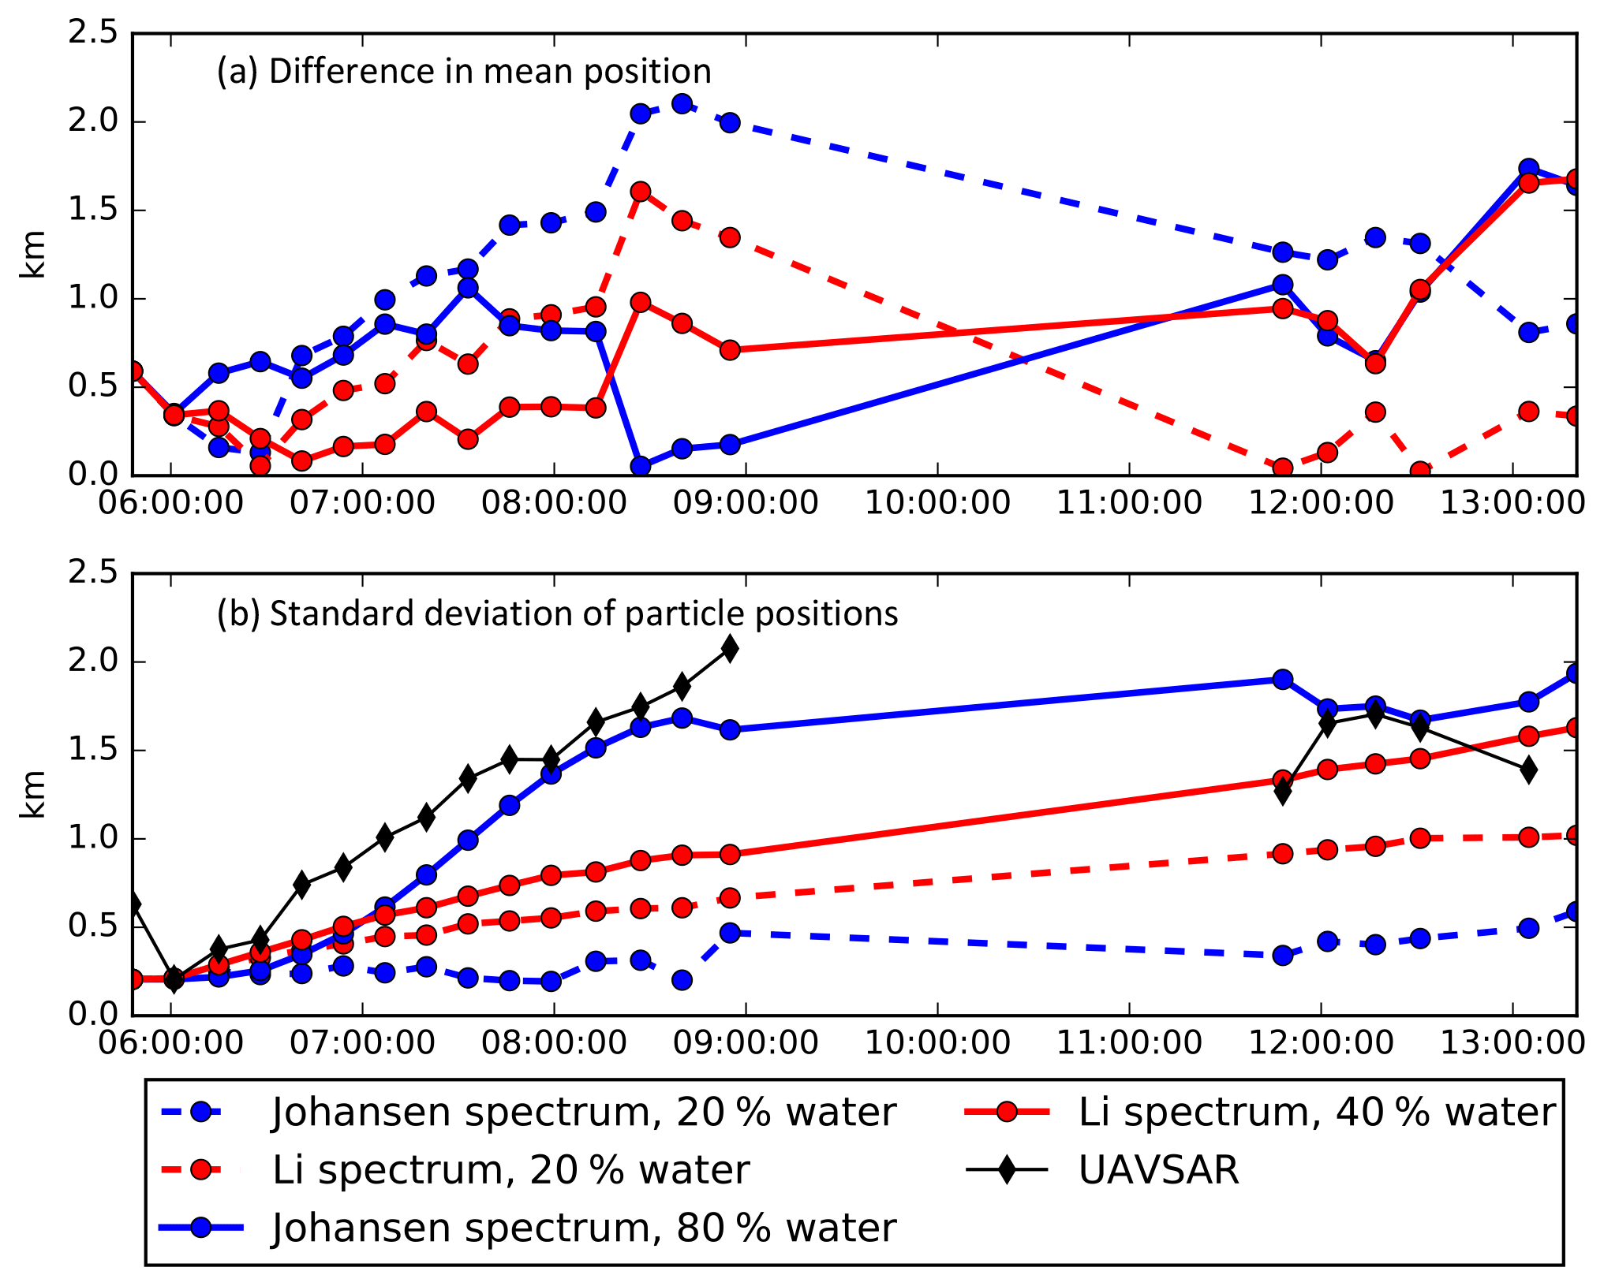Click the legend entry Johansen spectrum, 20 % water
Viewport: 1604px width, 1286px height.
(x=584, y=1113)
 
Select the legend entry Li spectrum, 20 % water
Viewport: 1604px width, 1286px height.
(x=510, y=1170)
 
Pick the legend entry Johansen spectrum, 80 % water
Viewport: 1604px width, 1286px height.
(x=584, y=1228)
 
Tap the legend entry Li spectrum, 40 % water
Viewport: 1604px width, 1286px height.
(x=1316, y=1113)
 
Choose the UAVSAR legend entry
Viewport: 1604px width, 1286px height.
(x=1158, y=1170)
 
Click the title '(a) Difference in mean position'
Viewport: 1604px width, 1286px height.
(x=464, y=72)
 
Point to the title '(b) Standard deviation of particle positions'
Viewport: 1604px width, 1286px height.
(x=557, y=614)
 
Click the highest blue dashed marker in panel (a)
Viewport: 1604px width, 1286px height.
(x=682, y=103)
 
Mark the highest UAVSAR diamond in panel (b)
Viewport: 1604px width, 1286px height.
(x=730, y=650)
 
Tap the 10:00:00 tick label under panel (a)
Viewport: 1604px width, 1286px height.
(x=937, y=503)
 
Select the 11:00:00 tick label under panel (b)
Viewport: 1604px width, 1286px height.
(x=1129, y=1043)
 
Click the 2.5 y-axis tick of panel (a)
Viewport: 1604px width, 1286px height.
(x=92, y=34)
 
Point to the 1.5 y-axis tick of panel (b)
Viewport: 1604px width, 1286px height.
(x=92, y=751)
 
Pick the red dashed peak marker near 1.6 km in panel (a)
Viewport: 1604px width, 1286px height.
(x=640, y=192)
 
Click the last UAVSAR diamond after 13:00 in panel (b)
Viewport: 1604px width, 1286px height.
(x=1528, y=770)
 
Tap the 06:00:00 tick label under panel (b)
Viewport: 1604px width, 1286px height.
(x=170, y=1043)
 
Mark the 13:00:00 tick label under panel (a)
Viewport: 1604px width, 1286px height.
(x=1512, y=503)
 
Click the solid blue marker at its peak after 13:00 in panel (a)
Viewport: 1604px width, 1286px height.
(x=1528, y=169)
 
